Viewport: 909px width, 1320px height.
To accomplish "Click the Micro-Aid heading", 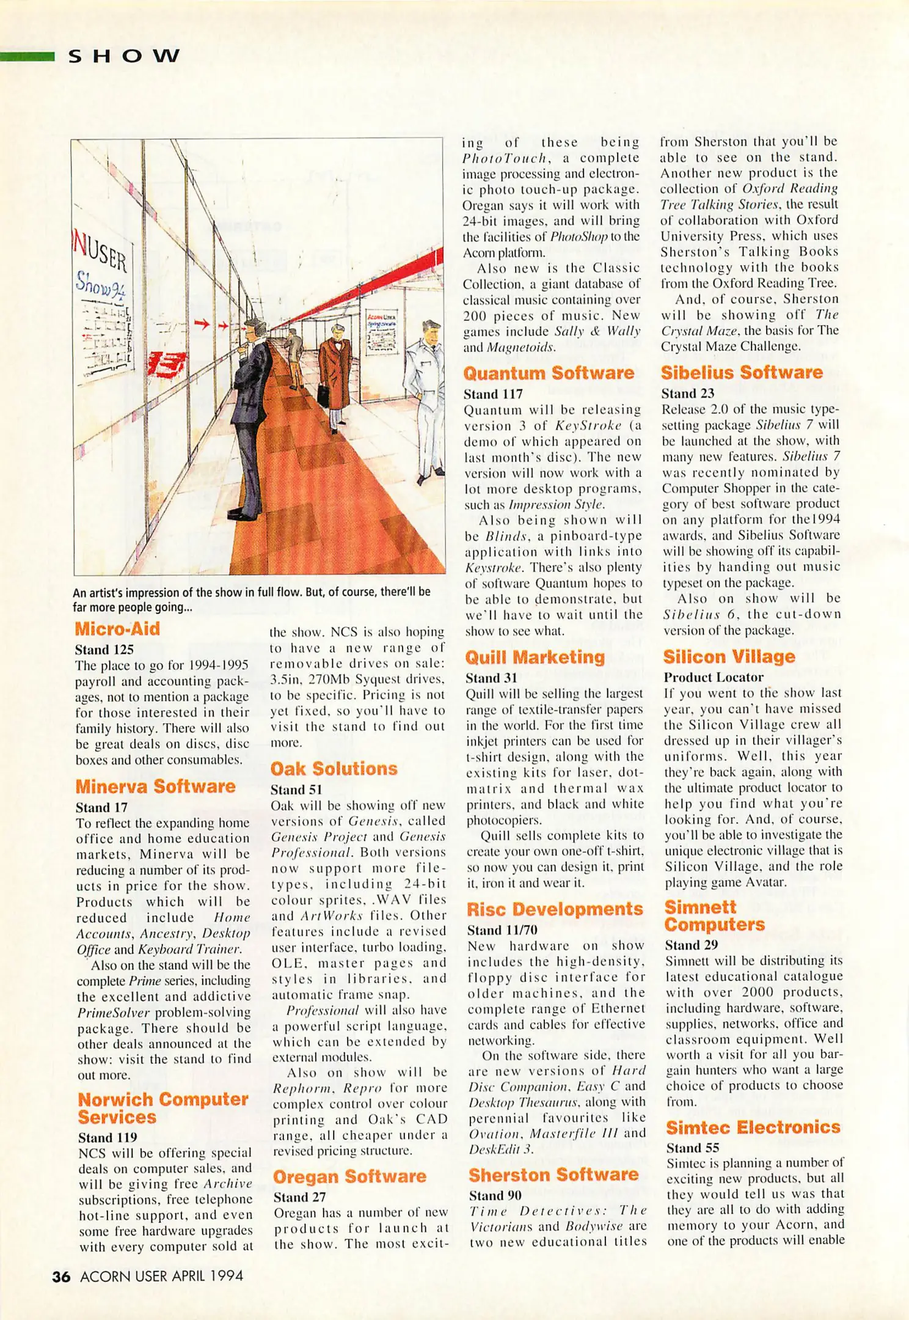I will point(117,629).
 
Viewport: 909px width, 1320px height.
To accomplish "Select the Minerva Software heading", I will point(155,787).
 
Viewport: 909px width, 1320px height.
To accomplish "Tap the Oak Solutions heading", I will point(334,769).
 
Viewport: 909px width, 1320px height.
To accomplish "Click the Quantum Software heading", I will point(549,373).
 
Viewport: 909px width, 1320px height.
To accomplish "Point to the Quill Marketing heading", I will point(535,658).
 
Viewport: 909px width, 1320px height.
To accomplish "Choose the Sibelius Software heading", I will point(742,373).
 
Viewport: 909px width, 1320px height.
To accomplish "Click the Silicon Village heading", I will point(729,657).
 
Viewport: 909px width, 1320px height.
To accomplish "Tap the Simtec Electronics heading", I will point(753,1127).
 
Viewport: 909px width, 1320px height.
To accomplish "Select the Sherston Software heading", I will point(553,1175).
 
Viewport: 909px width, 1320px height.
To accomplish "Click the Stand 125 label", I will point(104,650).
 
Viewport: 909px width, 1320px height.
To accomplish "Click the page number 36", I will point(61,1277).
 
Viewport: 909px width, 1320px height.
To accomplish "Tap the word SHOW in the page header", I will point(124,57).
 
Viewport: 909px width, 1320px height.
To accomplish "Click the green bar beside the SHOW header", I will point(27,57).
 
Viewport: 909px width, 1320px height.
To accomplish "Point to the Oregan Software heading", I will point(349,1177).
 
